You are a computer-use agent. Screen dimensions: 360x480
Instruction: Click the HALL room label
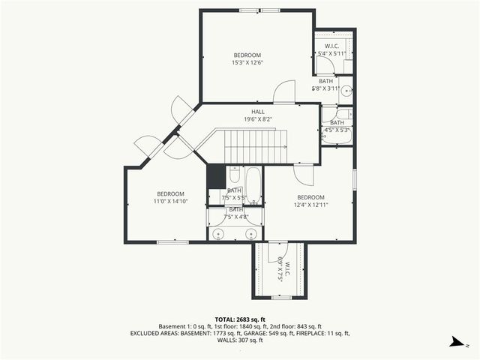click(258, 112)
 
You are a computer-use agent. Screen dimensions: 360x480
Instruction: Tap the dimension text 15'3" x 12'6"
click(247, 63)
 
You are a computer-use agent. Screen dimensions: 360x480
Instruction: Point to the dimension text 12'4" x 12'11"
click(310, 204)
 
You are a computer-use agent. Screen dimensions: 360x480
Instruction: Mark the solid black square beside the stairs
click(216, 177)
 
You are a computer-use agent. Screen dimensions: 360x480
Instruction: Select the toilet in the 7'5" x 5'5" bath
click(234, 175)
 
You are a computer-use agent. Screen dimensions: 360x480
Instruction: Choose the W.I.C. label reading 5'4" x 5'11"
click(331, 49)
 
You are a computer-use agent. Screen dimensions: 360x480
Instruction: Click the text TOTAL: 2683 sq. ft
click(239, 319)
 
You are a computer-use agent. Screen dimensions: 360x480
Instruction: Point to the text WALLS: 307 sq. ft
click(239, 340)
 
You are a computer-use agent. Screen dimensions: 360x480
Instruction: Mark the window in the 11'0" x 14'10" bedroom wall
click(172, 241)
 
